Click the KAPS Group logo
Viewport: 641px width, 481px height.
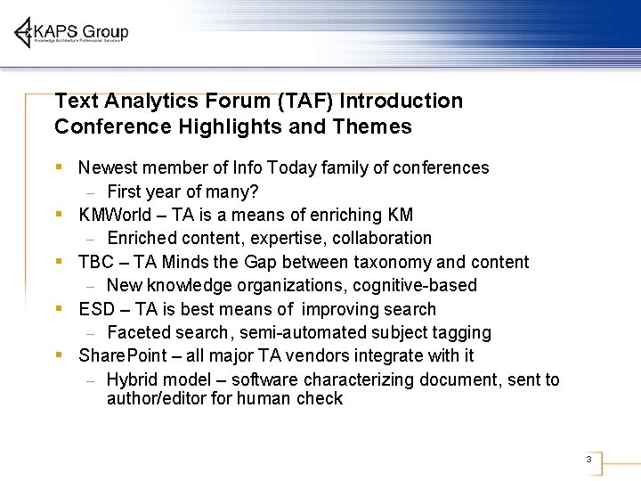pyautogui.click(x=71, y=33)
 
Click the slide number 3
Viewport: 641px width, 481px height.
pyautogui.click(x=588, y=460)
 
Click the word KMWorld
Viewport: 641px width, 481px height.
pyautogui.click(x=115, y=215)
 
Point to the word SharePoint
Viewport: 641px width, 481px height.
pyautogui.click(x=116, y=355)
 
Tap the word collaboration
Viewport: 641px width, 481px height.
pyautogui.click(x=382, y=238)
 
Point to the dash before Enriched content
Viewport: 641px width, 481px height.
pyautogui.click(x=90, y=239)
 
